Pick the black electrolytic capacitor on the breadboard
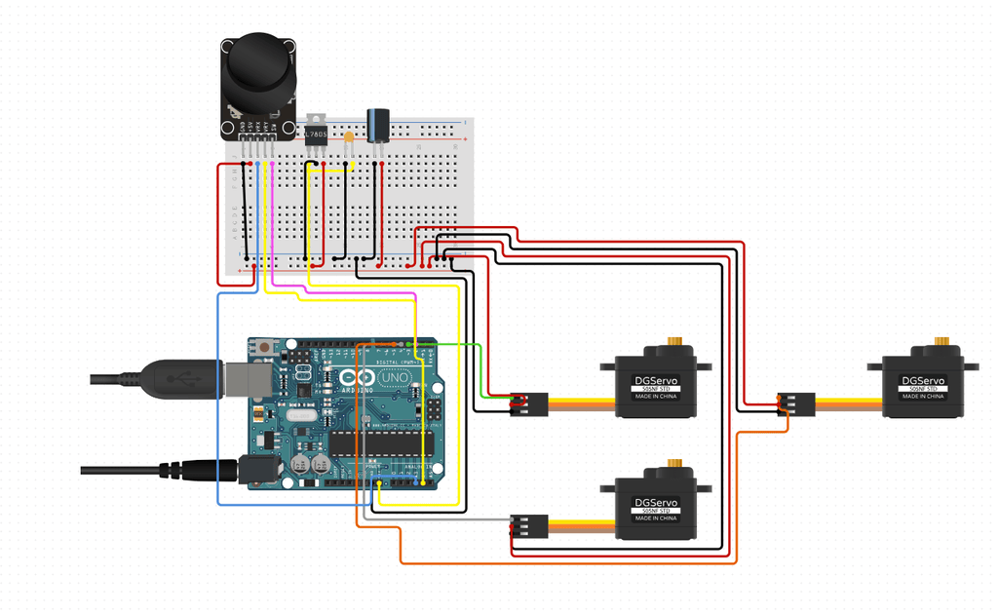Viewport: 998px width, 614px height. (377, 125)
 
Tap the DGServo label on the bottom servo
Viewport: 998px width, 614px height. (654, 502)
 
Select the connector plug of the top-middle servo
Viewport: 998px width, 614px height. (529, 403)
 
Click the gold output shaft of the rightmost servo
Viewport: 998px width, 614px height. (940, 342)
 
